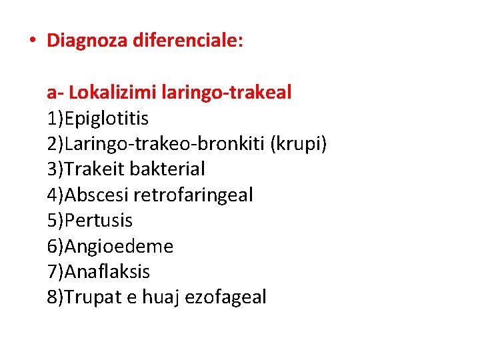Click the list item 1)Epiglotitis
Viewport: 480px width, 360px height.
coord(97,119)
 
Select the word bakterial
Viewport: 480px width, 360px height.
coord(167,169)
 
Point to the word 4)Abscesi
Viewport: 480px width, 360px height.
coord(88,195)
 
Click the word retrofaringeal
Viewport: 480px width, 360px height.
coord(193,195)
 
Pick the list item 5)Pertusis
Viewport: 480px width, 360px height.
coord(90,221)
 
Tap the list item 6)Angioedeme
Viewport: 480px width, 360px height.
coord(110,247)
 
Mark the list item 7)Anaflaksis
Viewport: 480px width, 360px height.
coord(99,272)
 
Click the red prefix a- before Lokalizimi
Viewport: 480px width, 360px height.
coord(55,93)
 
